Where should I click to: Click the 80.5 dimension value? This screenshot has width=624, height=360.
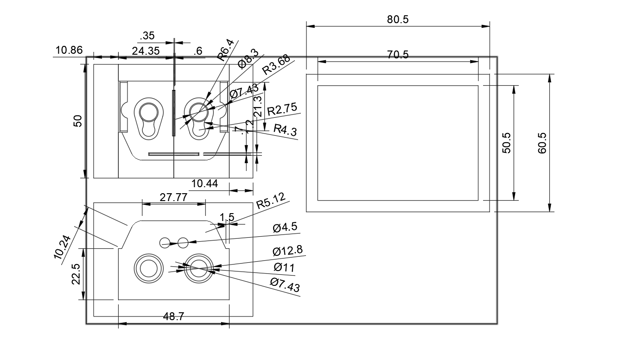397,19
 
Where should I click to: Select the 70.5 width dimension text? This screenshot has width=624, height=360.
397,55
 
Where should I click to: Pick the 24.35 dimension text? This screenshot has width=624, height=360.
146,51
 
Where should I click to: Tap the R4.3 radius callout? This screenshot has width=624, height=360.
285,130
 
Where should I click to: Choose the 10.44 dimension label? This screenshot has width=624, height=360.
204,184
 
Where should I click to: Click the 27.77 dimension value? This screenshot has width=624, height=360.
173,197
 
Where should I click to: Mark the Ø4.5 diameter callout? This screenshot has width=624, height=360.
285,227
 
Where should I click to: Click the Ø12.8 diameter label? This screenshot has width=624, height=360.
287,251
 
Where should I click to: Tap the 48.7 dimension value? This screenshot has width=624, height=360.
174,316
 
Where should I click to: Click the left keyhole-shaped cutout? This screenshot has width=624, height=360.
149,120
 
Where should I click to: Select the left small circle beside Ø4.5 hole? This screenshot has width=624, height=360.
165,242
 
